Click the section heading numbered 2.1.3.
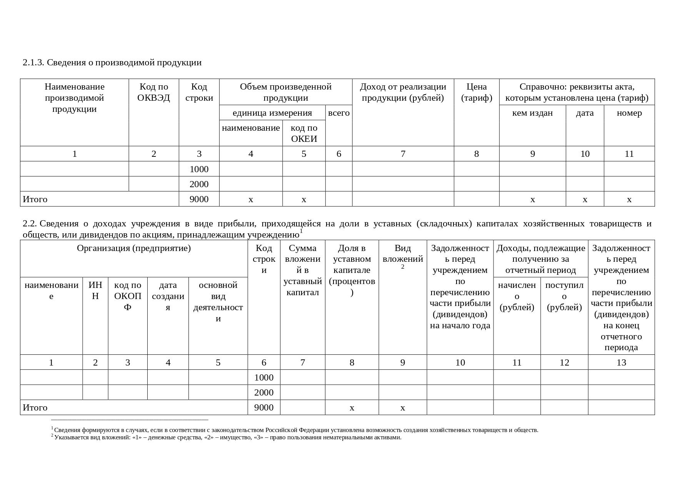click(x=112, y=63)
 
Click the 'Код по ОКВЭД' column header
click(x=153, y=92)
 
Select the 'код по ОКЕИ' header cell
click(x=304, y=133)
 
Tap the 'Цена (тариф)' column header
click(x=477, y=92)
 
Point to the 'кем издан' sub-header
click(x=532, y=113)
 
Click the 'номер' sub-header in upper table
click(x=629, y=113)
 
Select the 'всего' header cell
click(x=339, y=113)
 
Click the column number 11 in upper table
click(x=629, y=154)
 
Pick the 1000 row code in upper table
click(x=199, y=169)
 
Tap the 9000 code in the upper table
click(x=199, y=199)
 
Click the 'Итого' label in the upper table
click(x=35, y=199)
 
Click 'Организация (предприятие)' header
click(x=134, y=248)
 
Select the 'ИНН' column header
click(x=95, y=291)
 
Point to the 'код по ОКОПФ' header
click(x=128, y=296)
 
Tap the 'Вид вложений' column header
click(x=403, y=254)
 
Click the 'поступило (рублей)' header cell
click(x=564, y=296)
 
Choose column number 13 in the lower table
click(x=621, y=362)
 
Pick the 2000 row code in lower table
click(x=264, y=392)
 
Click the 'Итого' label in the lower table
click(x=35, y=407)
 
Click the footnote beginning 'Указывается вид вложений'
click(x=228, y=437)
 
